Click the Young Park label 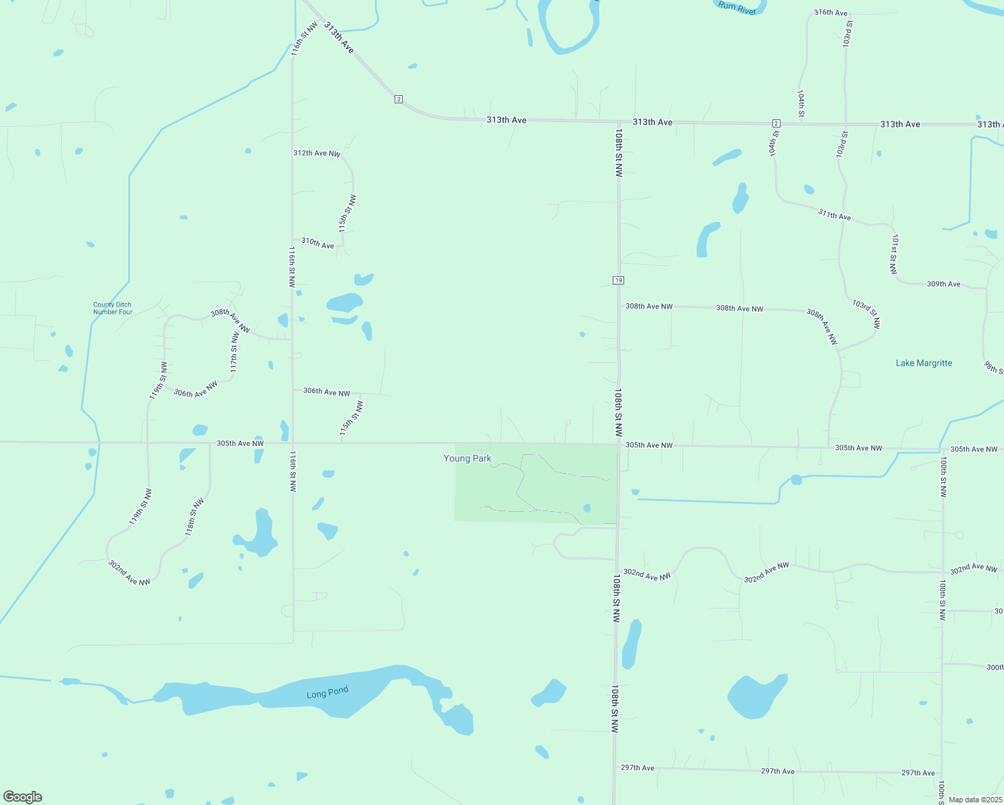click(x=467, y=459)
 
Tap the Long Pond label click(x=328, y=693)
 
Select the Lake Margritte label click(x=923, y=363)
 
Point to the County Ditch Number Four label click(x=113, y=309)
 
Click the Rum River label click(x=737, y=7)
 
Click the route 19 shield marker click(x=618, y=280)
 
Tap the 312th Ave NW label click(x=317, y=154)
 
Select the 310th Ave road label click(x=317, y=243)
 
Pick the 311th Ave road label click(x=834, y=215)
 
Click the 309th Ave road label click(x=944, y=284)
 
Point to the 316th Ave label click(x=831, y=13)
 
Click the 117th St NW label click(x=234, y=352)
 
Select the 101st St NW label click(x=894, y=254)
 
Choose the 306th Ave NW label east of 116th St click(x=326, y=392)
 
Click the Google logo click(x=23, y=797)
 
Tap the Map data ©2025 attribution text click(x=971, y=800)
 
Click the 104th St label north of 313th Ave click(x=801, y=103)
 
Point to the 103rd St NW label click(x=866, y=313)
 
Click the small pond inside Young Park click(x=587, y=508)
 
